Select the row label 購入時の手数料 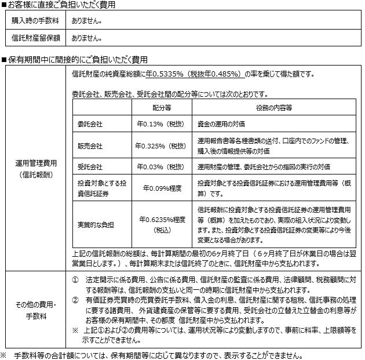(32, 21)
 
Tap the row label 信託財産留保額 (32, 39)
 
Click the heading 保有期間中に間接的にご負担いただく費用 (78, 59)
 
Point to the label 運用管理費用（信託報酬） (35, 169)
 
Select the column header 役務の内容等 (273, 108)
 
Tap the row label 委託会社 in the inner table (89, 123)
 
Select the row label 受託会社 (89, 166)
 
